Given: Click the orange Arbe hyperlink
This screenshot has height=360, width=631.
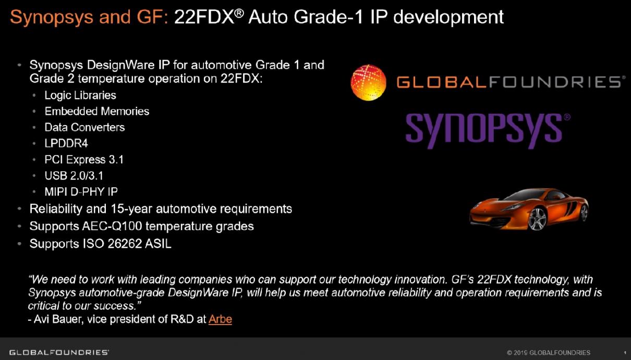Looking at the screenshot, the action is pyautogui.click(x=220, y=319).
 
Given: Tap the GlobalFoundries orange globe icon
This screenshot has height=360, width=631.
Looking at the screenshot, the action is pyautogui.click(x=369, y=82).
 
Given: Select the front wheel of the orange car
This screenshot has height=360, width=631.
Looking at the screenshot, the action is pyautogui.click(x=537, y=219).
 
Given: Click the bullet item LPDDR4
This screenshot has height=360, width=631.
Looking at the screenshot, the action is pyautogui.click(x=66, y=143).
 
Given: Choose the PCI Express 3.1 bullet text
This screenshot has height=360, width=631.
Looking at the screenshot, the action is pyautogui.click(x=84, y=160).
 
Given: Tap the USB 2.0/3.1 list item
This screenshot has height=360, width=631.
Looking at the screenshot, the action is pyautogui.click(x=74, y=176).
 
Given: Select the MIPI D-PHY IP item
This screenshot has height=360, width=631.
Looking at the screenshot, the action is pyautogui.click(x=81, y=191).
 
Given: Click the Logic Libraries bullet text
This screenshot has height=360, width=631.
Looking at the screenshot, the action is pyautogui.click(x=80, y=95).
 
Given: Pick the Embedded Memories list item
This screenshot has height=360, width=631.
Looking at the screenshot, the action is pyautogui.click(x=97, y=111).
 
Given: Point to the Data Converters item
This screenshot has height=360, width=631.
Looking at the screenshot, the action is pyautogui.click(x=84, y=127).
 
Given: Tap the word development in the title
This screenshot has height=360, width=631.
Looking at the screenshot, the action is pyautogui.click(x=448, y=18).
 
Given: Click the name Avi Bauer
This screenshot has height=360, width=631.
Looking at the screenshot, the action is pyautogui.click(x=58, y=319).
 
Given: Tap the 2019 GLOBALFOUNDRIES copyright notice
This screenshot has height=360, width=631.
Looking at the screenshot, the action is pyautogui.click(x=549, y=352).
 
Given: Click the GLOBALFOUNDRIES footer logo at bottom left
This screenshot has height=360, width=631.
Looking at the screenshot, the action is pyautogui.click(x=59, y=352).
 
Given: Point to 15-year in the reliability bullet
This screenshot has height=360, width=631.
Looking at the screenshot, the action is pyautogui.click(x=131, y=209).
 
